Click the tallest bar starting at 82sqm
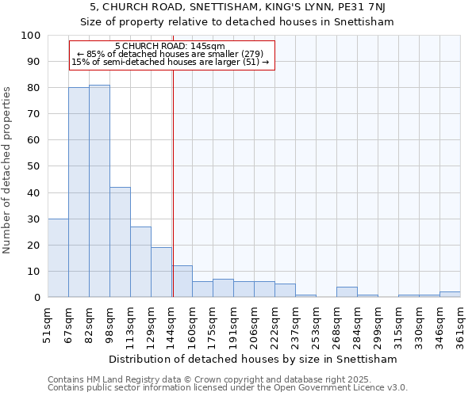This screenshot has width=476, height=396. tap(99, 191)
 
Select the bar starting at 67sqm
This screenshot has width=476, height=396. tap(79, 192)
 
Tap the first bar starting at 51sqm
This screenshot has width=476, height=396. tap(58, 257)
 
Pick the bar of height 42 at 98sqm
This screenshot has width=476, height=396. tap(120, 242)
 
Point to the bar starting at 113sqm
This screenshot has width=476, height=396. tap(140, 261)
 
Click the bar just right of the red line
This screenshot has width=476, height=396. tap(182, 281)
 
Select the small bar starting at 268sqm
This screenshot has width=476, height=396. tap(347, 292)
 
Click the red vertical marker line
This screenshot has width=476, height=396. tap(173, 182)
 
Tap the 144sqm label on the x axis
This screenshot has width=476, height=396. tap(172, 326)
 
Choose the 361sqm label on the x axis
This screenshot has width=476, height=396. tap(460, 326)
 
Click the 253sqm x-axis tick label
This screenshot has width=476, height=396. tap(316, 326)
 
